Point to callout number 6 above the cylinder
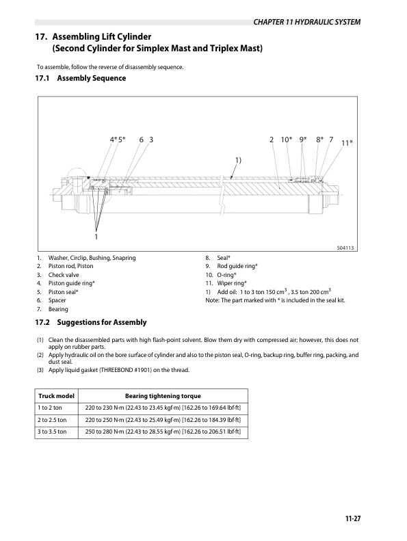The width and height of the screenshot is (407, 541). coord(141,140)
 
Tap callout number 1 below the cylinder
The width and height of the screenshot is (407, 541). coord(96,236)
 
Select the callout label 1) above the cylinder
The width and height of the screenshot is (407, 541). coord(238,159)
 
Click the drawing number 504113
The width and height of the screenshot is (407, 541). coord(348,248)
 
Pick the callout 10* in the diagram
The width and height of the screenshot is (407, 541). coord(287,140)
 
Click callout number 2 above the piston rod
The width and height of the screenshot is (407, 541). coord(272,140)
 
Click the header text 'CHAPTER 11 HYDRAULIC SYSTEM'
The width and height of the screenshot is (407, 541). coord(306,22)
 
